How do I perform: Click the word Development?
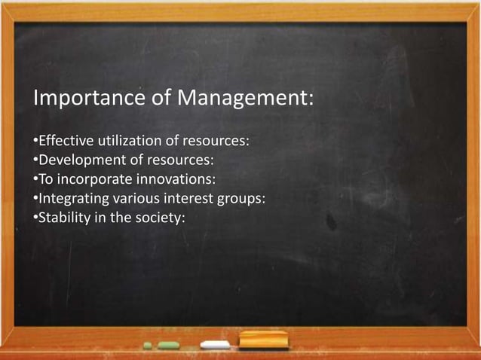click(77, 160)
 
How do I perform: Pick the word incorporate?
click(94, 180)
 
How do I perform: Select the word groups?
click(242, 200)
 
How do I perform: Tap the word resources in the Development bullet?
click(183, 160)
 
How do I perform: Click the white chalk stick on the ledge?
click(216, 345)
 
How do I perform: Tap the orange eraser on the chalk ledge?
click(264, 340)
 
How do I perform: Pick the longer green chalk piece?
click(168, 345)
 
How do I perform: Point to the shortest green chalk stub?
click(148, 345)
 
